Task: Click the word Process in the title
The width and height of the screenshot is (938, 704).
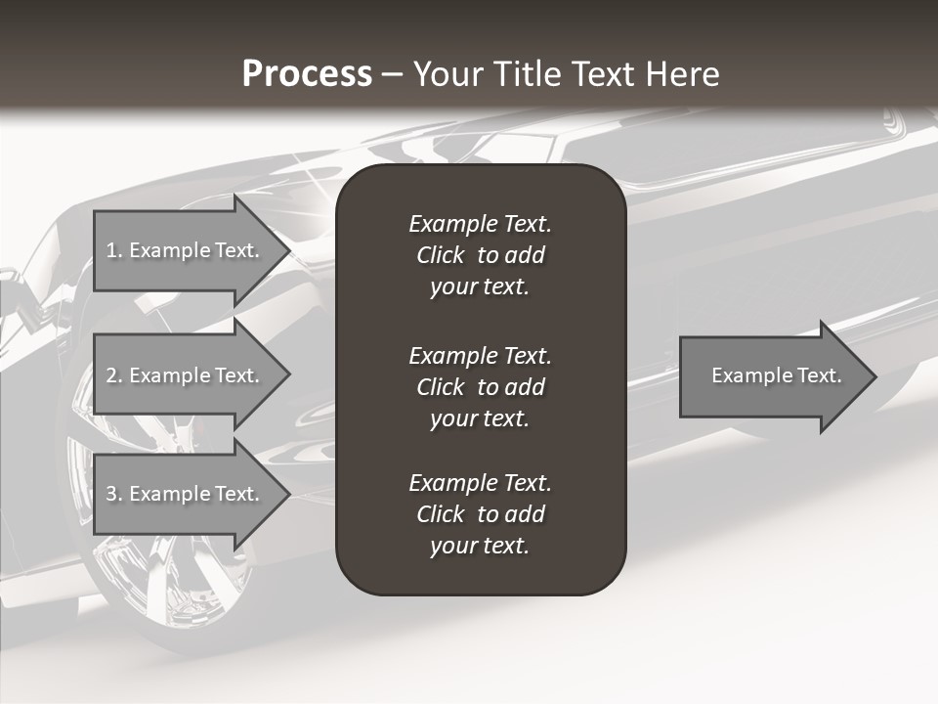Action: [307, 74]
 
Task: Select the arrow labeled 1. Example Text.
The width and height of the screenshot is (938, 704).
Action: [186, 250]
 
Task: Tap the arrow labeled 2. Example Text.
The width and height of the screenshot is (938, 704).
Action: [186, 375]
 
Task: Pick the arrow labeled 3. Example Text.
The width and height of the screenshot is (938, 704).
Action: [186, 494]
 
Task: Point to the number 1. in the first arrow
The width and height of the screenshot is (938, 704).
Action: [114, 250]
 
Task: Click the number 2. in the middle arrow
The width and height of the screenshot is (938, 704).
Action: [114, 375]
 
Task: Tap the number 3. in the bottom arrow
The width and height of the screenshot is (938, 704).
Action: [114, 494]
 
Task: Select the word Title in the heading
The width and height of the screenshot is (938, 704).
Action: [527, 74]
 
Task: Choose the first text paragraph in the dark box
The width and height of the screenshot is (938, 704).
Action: [480, 255]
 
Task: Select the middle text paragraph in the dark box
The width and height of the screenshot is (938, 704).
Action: [480, 386]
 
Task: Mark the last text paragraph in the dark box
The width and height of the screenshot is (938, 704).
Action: [480, 514]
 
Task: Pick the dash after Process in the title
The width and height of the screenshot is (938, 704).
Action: [392, 74]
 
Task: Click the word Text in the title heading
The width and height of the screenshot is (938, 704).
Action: [601, 74]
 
